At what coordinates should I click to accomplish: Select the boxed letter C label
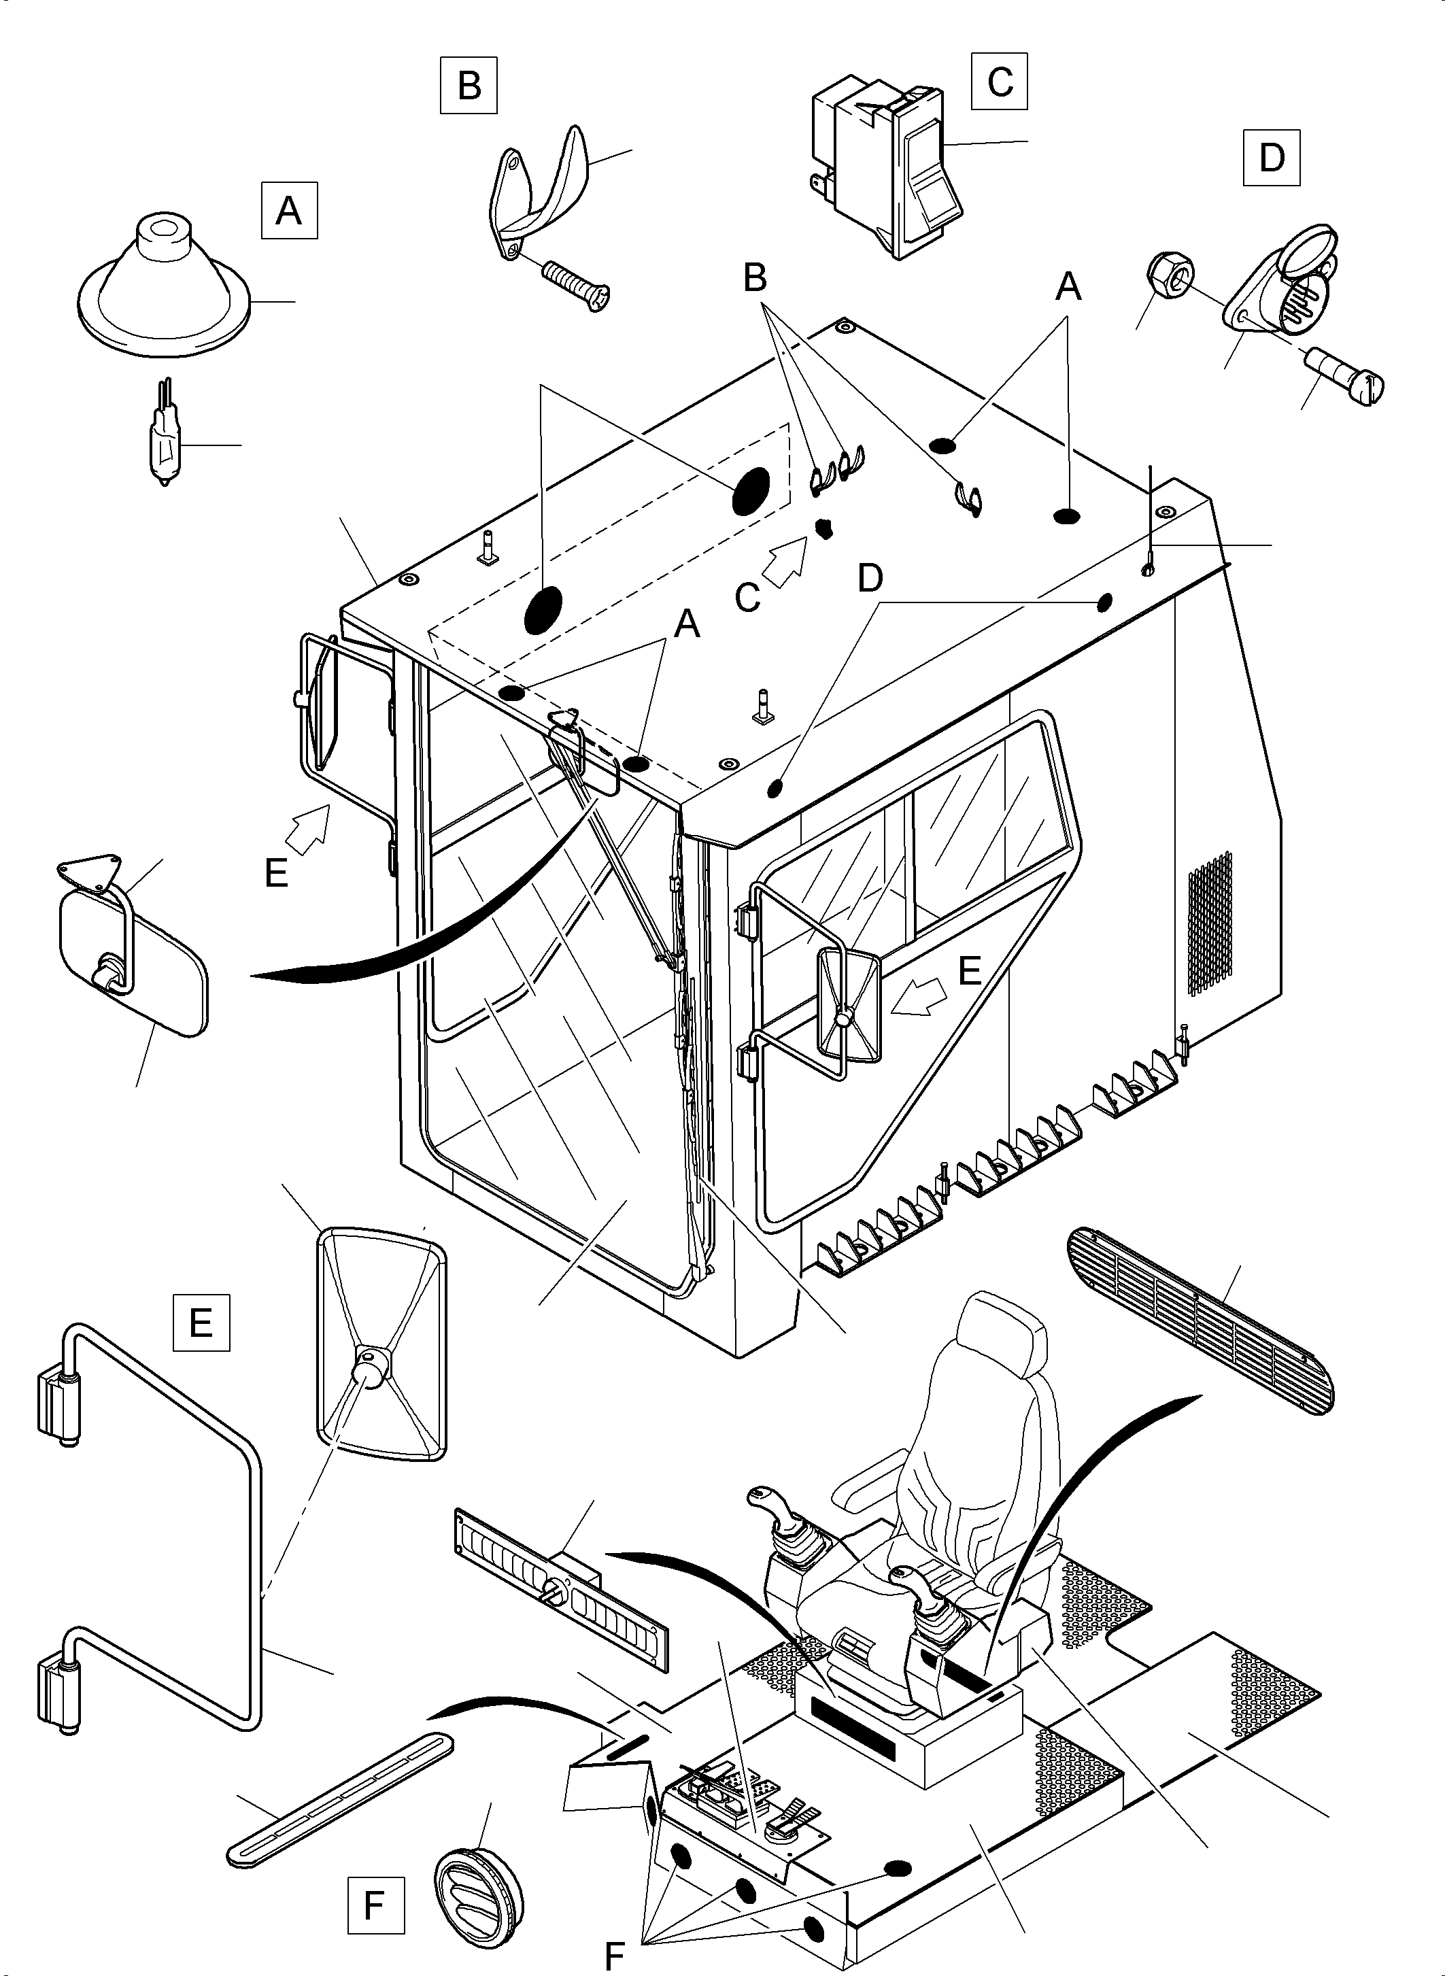(999, 82)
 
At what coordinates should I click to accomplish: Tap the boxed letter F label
(375, 1905)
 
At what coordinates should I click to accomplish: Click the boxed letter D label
(1271, 158)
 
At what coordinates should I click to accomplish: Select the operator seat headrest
(1002, 1329)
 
